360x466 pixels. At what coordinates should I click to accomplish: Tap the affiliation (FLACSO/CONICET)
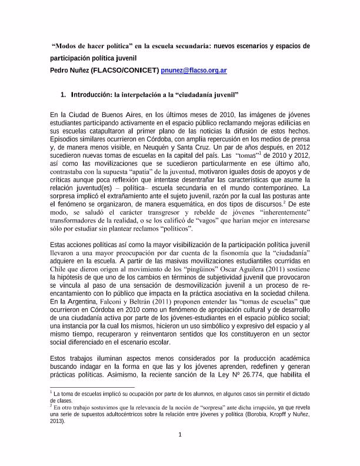tap(125, 71)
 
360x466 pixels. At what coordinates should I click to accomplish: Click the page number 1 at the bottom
tap(180, 435)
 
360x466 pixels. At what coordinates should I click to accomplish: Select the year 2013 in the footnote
tap(59, 421)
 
